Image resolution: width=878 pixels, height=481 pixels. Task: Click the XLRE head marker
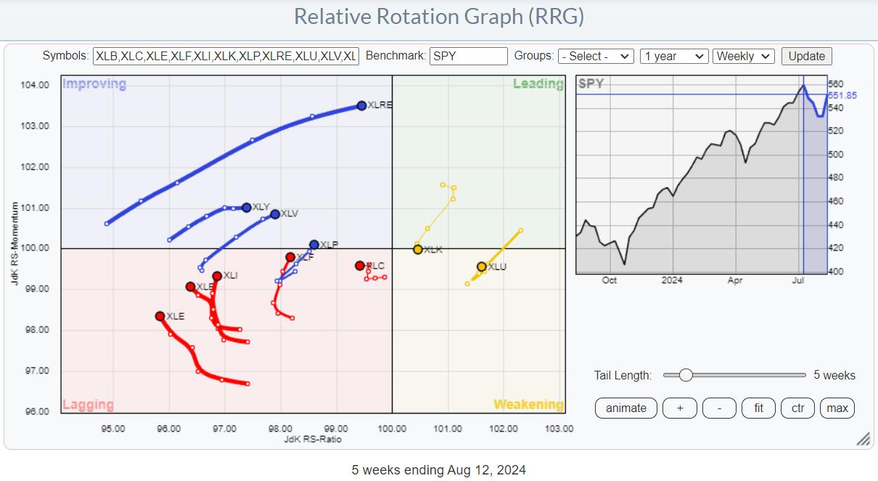361,106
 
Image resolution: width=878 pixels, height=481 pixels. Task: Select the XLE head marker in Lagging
160,316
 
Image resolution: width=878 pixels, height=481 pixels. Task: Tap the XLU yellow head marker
482,267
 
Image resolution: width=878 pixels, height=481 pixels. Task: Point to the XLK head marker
418,250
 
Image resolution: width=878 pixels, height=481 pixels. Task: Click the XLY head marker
247,207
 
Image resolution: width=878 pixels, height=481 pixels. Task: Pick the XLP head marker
313,245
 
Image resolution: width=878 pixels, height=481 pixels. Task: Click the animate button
625,408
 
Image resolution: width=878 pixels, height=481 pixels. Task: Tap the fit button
758,408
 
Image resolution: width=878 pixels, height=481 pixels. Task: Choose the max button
837,408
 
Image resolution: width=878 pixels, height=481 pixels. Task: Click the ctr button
797,408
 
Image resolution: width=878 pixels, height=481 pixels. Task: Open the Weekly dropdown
744,56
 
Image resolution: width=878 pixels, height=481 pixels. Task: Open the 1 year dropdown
673,56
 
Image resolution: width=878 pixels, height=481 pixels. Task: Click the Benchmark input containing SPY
468,56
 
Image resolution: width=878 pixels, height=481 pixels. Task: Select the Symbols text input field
226,56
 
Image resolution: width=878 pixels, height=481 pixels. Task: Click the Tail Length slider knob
685,375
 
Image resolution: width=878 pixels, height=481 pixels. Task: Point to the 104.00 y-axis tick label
36,85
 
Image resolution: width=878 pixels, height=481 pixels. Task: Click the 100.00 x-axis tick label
392,428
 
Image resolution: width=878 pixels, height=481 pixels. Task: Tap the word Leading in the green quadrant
538,83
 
